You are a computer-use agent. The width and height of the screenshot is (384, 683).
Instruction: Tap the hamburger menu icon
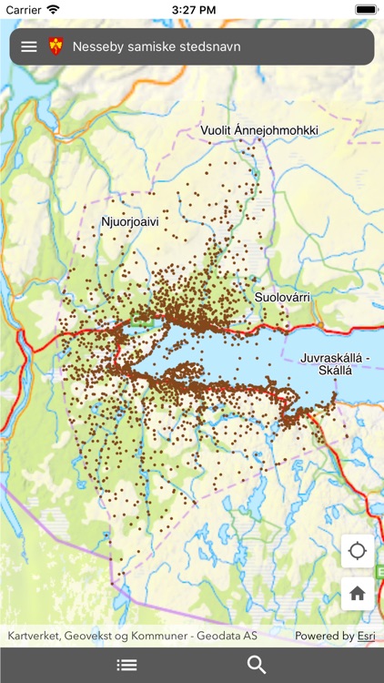tap(29, 46)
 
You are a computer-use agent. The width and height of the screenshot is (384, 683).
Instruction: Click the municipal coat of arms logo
tap(56, 46)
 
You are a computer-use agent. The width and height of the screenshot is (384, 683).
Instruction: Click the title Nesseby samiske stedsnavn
tap(157, 46)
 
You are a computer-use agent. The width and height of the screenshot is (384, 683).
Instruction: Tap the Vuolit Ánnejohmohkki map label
tap(259, 131)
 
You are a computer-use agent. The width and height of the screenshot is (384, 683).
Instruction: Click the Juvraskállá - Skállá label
tap(337, 365)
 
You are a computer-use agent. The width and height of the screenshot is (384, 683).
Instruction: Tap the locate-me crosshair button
tap(357, 551)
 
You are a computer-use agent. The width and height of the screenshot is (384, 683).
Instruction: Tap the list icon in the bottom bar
tap(127, 665)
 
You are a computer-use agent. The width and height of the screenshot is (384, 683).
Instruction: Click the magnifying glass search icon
tap(257, 665)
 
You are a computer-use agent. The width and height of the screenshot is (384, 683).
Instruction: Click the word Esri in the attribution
tap(366, 636)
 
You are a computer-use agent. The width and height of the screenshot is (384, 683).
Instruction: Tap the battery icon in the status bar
tap(365, 8)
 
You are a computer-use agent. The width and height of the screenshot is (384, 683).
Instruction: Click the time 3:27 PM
tap(192, 8)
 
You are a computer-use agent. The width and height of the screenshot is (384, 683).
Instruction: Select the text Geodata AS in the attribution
tap(231, 636)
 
